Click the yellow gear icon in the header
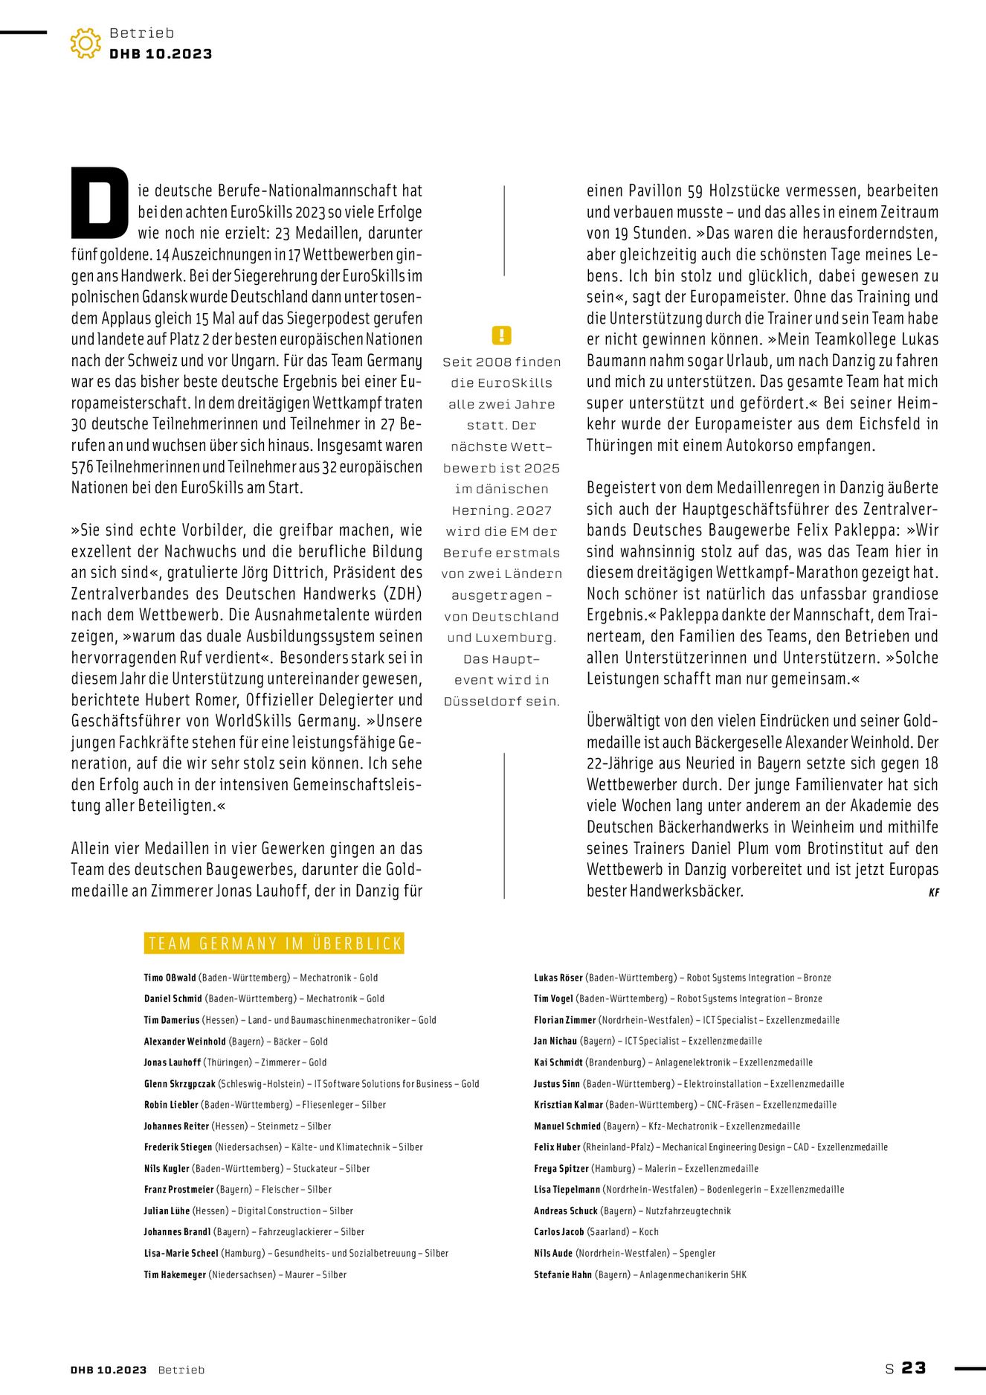tap(86, 43)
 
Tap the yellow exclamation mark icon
tap(502, 335)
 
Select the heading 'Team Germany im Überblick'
tap(274, 943)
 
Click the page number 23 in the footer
tap(914, 1367)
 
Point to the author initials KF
tap(934, 892)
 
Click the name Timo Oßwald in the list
tap(170, 978)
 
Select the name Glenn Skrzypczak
tap(179, 1084)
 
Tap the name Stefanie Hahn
tap(562, 1274)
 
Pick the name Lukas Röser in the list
tap(558, 978)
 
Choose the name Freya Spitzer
tap(561, 1169)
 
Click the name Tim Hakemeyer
tap(175, 1274)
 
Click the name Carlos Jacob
tap(558, 1232)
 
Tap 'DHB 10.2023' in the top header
tap(161, 54)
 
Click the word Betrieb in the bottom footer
tap(181, 1370)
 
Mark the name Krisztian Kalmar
tap(568, 1105)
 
